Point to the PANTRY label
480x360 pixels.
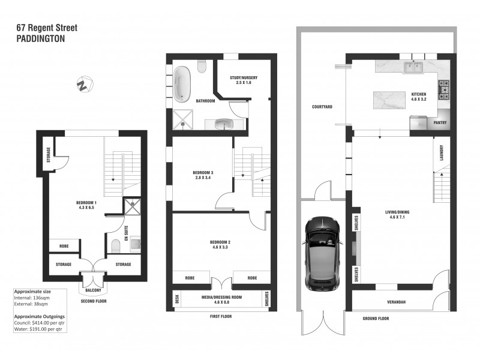pyautogui.click(x=440, y=123)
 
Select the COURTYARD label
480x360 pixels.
pyautogui.click(x=322, y=107)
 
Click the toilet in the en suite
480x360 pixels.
pyautogui.click(x=116, y=245)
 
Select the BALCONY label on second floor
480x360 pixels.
pyautogui.click(x=93, y=289)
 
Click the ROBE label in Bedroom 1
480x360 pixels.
pyautogui.click(x=64, y=247)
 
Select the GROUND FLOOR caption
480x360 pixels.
pyautogui.click(x=376, y=319)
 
